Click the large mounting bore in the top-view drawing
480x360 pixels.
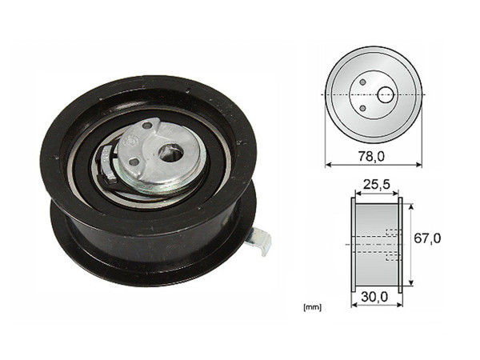click(385, 94)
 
